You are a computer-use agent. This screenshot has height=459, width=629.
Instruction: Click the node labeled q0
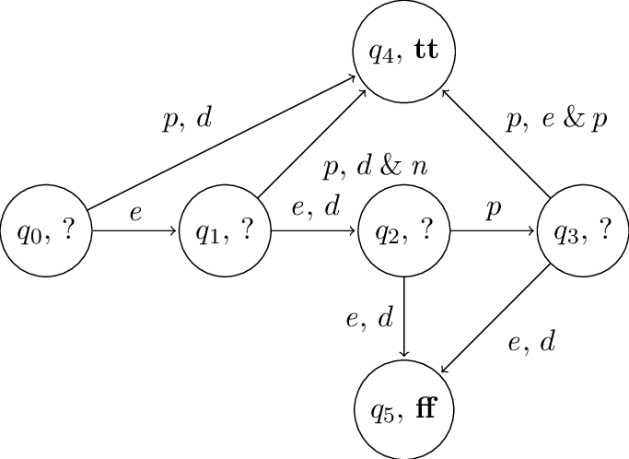pos(46,230)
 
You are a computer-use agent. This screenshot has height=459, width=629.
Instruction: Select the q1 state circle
pos(225,230)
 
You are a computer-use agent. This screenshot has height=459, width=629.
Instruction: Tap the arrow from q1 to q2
pos(314,230)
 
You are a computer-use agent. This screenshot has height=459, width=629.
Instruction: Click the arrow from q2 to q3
pos(494,230)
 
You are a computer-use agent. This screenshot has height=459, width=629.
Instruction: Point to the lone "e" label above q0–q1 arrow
pos(135,213)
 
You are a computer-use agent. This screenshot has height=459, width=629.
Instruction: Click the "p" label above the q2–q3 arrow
pos(494,210)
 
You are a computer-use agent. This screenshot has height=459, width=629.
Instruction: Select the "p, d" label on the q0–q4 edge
pos(187,122)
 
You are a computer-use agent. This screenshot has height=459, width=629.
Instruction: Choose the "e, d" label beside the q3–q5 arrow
pos(531,344)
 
